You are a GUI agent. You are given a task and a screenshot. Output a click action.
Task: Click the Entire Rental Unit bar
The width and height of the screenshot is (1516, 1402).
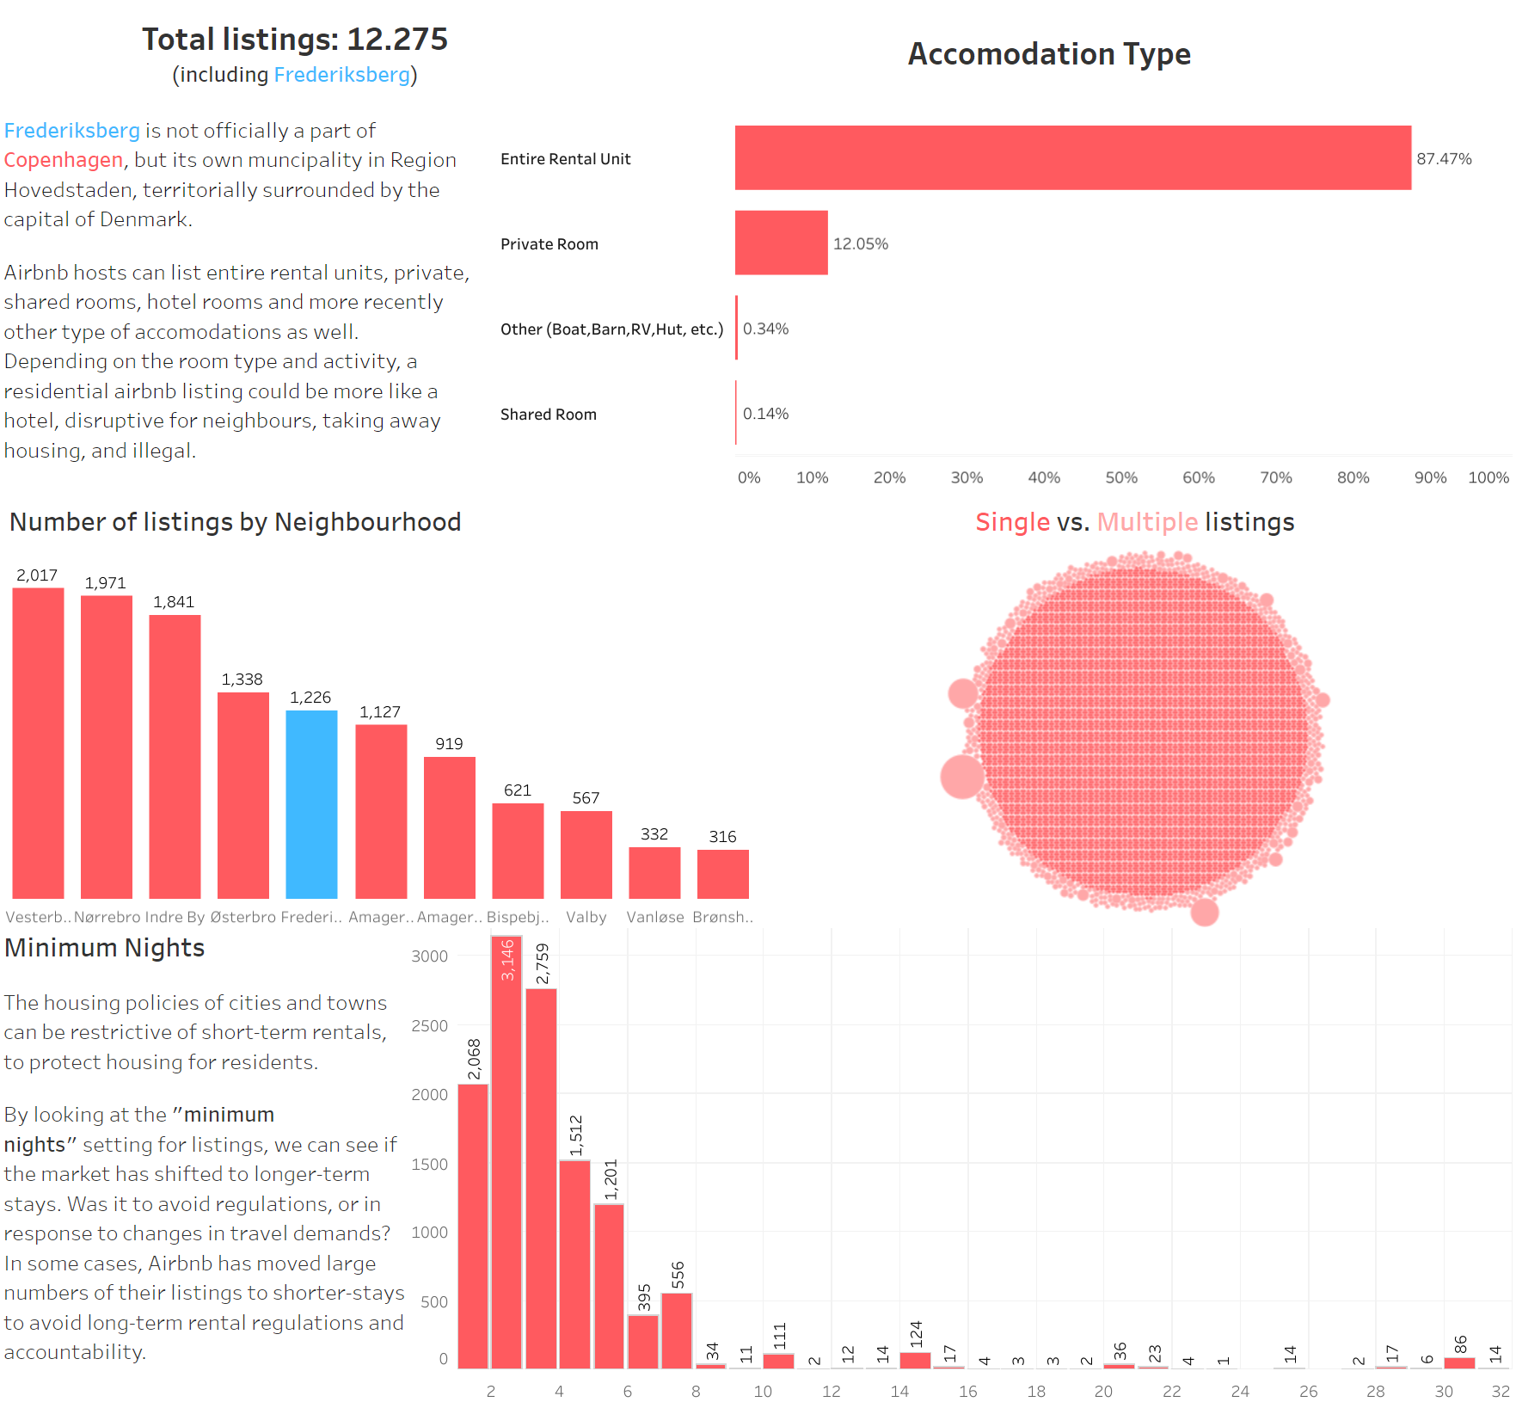[1072, 157]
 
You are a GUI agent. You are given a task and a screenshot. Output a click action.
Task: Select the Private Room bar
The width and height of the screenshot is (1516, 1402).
[781, 243]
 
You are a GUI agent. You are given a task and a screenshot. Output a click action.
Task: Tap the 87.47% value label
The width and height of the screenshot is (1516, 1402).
[1444, 158]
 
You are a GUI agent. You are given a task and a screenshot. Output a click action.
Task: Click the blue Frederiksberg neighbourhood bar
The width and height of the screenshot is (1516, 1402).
[311, 804]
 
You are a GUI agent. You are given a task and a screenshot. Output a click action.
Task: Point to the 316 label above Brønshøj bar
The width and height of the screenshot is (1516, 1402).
[722, 836]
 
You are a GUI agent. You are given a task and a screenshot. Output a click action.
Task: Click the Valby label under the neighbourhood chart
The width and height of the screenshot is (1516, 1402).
[586, 917]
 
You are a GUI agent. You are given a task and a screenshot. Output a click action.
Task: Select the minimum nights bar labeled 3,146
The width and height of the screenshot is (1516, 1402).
[506, 1153]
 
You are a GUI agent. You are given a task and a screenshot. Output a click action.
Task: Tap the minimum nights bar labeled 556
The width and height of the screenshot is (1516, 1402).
[677, 1330]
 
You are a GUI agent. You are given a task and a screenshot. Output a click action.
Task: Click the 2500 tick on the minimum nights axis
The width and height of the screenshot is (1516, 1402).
[429, 1025]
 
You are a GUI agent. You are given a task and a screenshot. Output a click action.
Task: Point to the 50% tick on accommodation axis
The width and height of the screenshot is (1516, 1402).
[1121, 477]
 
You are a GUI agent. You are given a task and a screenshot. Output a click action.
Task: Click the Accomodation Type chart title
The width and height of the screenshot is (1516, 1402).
[1049, 53]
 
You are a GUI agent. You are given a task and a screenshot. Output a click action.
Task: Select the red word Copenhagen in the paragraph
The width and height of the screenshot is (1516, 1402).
[64, 160]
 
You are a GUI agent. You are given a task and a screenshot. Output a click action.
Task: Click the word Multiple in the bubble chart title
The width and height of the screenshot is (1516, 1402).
[1147, 522]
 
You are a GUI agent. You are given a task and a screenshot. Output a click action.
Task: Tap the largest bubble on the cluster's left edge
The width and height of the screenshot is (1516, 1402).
[962, 776]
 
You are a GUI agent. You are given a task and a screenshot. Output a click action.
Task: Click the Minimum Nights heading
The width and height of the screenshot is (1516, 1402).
[104, 947]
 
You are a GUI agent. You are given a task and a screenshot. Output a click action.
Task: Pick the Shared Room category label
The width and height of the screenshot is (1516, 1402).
[549, 414]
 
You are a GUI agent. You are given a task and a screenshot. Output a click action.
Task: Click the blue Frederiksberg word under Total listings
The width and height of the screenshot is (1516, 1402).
[341, 75]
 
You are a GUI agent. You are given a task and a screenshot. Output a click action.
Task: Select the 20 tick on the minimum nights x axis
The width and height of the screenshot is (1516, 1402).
[1103, 1391]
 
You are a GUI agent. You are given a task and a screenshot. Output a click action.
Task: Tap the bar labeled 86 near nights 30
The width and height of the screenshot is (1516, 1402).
[1459, 1362]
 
